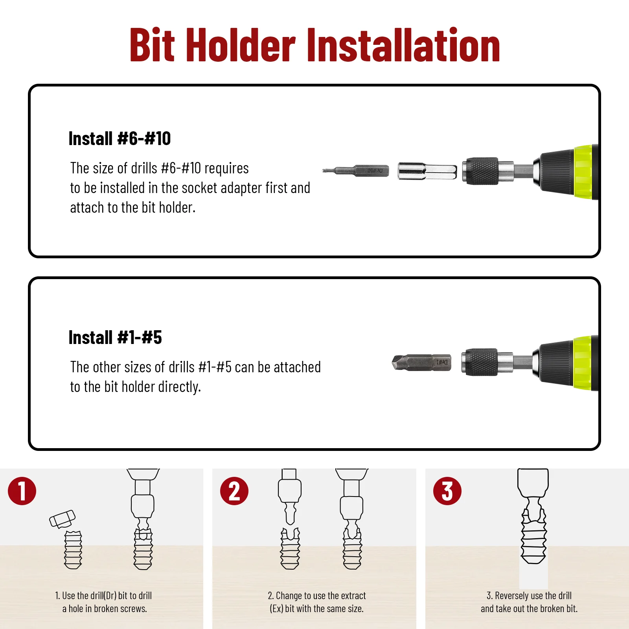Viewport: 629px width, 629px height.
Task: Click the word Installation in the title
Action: point(403,46)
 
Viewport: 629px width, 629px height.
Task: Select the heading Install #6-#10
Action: point(120,138)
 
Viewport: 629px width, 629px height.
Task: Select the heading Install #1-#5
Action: point(115,337)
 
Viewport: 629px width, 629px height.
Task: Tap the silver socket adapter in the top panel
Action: point(427,171)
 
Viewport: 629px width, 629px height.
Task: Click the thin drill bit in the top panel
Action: point(356,171)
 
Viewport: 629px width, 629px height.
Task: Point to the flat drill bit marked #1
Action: point(421,362)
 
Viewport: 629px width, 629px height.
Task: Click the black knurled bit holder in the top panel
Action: point(480,171)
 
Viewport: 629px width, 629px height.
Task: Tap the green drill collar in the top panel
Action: point(583,172)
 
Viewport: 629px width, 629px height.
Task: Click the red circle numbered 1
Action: point(22,491)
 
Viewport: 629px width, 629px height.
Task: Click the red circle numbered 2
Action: point(234,491)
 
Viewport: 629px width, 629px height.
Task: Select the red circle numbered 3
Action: point(447,491)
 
